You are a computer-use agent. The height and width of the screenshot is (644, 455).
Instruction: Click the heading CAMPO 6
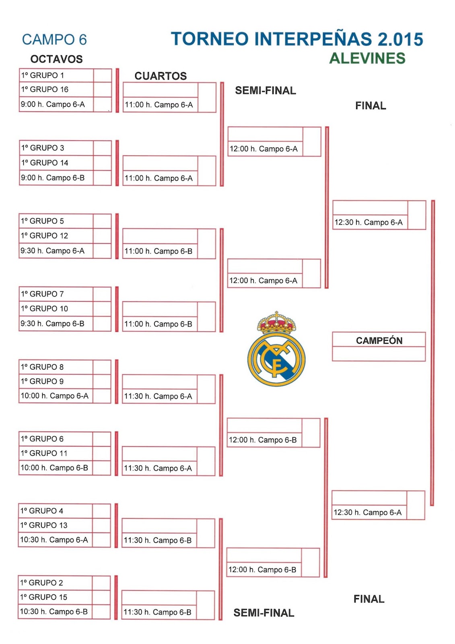click(x=54, y=40)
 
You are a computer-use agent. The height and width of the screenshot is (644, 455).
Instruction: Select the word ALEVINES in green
click(x=367, y=58)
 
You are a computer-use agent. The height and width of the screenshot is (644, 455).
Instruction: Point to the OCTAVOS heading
click(x=56, y=59)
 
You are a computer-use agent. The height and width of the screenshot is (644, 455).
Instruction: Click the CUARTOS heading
click(x=161, y=76)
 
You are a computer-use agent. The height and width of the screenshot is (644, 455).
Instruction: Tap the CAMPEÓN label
click(x=379, y=341)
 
